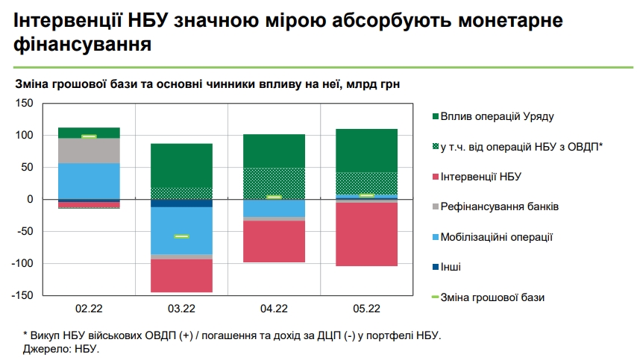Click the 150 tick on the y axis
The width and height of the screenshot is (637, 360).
(25, 103)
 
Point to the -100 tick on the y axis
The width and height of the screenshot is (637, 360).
(22, 264)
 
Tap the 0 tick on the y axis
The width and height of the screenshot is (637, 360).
(29, 200)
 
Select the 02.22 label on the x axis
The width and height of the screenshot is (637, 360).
(89, 308)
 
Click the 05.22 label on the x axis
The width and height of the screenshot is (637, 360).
(366, 308)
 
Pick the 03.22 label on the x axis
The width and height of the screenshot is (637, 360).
(181, 308)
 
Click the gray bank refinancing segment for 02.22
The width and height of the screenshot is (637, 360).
(89, 151)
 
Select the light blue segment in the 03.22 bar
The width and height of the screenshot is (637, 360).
(181, 231)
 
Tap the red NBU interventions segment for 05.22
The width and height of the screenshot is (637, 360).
(366, 234)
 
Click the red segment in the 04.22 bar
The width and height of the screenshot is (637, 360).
(274, 241)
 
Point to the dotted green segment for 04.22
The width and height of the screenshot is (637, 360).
(274, 183)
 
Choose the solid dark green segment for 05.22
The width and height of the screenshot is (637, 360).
(366, 151)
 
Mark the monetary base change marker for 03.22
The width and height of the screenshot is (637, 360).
(181, 236)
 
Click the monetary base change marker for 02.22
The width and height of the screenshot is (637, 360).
(89, 136)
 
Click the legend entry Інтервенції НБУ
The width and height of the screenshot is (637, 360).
(480, 177)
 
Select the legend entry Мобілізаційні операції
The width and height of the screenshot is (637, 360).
(496, 237)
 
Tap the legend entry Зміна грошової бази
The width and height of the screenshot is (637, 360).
(492, 297)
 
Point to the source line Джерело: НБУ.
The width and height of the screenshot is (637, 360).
(61, 349)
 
